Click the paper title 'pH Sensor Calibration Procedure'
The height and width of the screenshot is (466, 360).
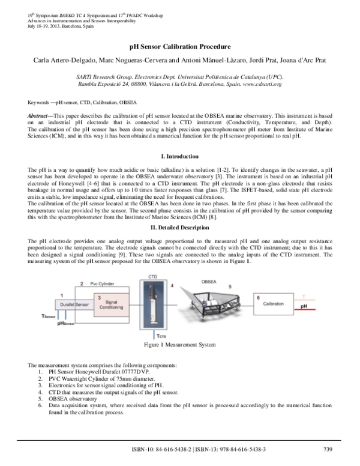(180, 46)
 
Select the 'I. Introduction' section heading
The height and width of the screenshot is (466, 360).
(180, 156)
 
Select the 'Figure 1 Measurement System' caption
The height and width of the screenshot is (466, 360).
(180, 345)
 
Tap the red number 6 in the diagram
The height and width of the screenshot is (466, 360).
(258, 297)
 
